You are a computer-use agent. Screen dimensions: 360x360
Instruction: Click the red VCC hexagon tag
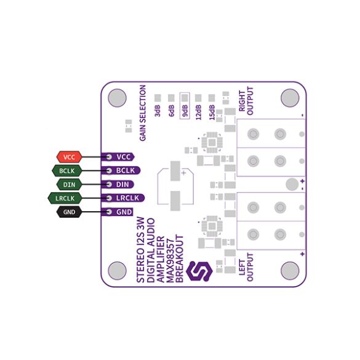[70, 157]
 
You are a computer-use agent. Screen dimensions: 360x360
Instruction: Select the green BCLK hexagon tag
[67, 171]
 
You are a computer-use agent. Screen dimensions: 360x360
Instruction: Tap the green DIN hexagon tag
[69, 185]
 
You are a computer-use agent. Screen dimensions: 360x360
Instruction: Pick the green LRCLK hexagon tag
[65, 198]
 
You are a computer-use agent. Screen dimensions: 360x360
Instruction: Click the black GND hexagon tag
[69, 212]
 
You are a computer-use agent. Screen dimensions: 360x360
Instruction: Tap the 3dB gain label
[158, 111]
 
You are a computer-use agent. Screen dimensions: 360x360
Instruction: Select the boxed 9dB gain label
[185, 106]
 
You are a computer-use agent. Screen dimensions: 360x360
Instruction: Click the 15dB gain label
[212, 112]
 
